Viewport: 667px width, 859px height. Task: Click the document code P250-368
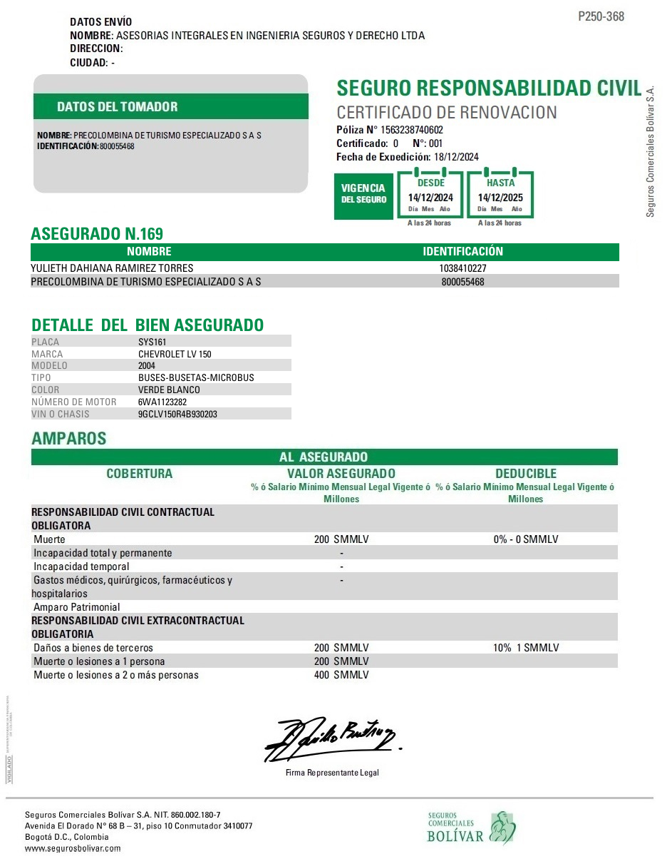(x=601, y=16)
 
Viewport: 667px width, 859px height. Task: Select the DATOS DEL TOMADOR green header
(x=118, y=107)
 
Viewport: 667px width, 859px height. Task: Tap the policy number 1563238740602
(x=412, y=130)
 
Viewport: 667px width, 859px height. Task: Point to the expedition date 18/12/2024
(x=457, y=157)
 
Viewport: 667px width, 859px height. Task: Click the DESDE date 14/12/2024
(x=430, y=198)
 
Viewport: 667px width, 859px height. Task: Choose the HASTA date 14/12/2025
(x=500, y=198)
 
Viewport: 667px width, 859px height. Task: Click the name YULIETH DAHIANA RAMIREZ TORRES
(x=112, y=268)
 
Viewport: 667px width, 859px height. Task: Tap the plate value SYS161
(x=152, y=342)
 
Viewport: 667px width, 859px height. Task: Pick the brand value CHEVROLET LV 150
(x=175, y=354)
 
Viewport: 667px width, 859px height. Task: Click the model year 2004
(x=148, y=365)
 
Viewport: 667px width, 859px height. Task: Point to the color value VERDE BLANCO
(x=169, y=390)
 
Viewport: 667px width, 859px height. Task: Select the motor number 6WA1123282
(x=162, y=402)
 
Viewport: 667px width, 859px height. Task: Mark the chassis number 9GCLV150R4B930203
(x=177, y=414)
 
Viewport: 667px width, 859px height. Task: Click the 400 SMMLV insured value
(x=341, y=675)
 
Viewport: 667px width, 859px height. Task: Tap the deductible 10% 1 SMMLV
(x=526, y=648)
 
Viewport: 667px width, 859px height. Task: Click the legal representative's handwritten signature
(x=331, y=738)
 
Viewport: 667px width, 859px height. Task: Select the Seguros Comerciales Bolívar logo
(x=471, y=828)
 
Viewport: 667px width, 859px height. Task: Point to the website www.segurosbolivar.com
(x=73, y=848)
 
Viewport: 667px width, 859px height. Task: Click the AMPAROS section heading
(x=68, y=438)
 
